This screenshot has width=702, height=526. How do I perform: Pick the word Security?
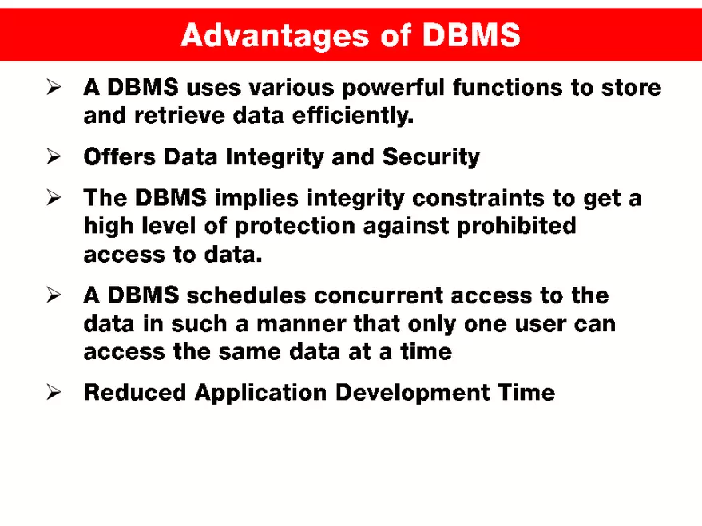431,157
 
